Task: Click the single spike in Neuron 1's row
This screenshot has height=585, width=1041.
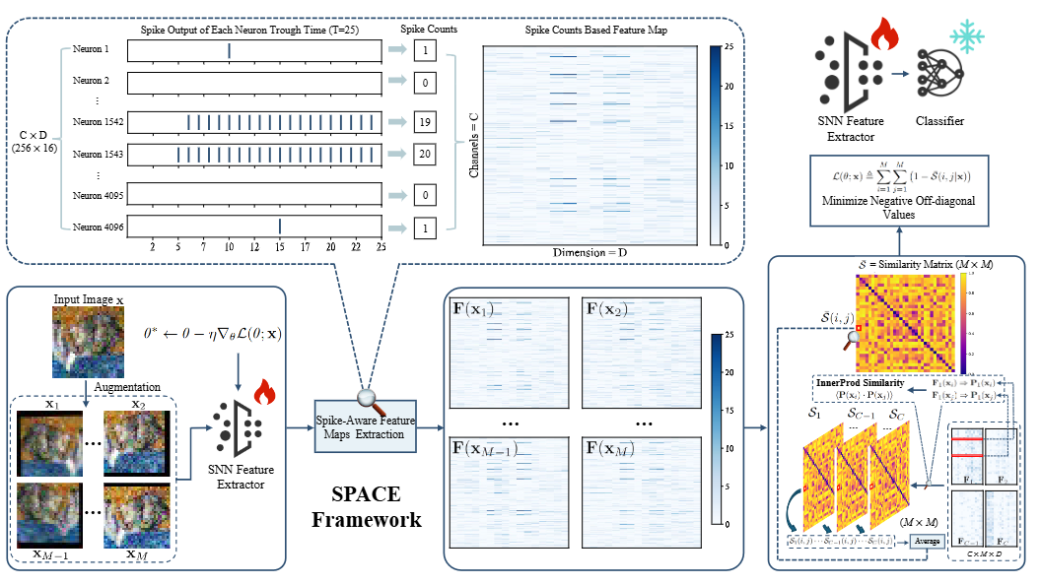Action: click(x=229, y=49)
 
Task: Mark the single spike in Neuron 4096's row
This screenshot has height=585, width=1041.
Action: click(x=280, y=227)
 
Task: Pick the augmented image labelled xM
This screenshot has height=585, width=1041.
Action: click(x=139, y=515)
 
